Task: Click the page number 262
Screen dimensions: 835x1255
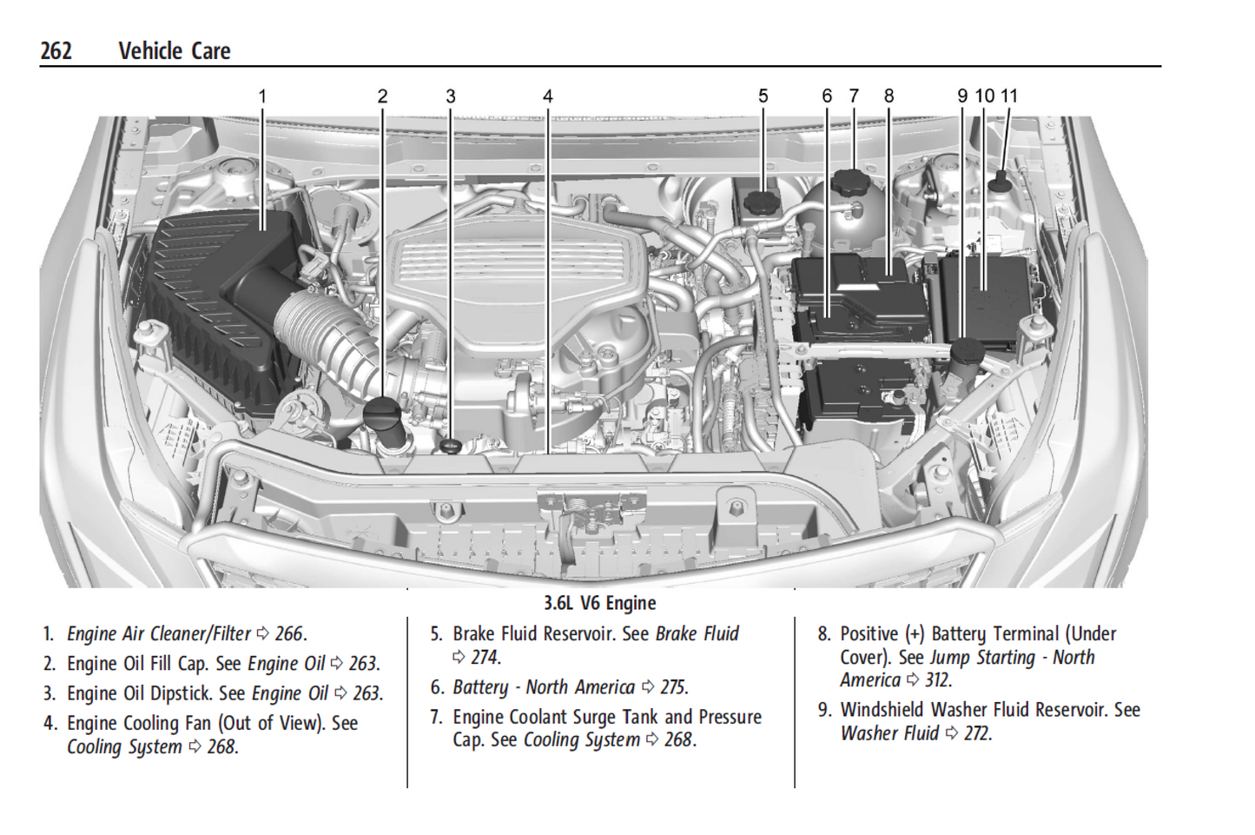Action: tap(56, 51)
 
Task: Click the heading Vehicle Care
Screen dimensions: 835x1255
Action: tap(174, 51)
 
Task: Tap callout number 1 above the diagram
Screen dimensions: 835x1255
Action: tap(262, 96)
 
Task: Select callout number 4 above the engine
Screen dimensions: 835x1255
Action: tap(547, 96)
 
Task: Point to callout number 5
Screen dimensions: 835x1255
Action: tap(763, 96)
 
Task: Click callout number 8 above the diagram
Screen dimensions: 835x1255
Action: tap(888, 96)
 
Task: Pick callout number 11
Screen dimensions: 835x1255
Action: tap(1008, 96)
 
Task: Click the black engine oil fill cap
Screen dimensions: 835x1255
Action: tap(380, 412)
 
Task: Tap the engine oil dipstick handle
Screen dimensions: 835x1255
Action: tap(450, 446)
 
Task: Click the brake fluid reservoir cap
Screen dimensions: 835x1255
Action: tap(762, 202)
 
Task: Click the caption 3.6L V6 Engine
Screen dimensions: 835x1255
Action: tap(599, 603)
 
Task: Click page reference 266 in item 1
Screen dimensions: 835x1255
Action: tap(289, 634)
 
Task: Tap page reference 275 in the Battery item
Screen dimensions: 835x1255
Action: tap(673, 687)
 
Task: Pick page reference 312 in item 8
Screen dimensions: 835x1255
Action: tap(938, 680)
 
